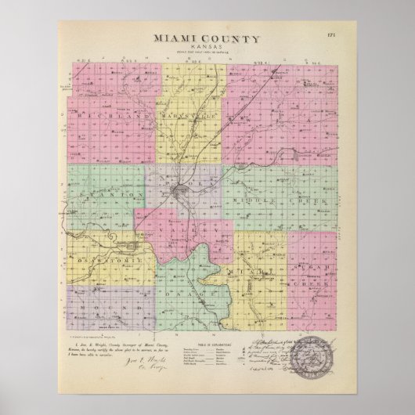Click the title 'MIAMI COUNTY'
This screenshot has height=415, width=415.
tap(207, 38)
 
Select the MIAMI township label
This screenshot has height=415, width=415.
tap(257, 272)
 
